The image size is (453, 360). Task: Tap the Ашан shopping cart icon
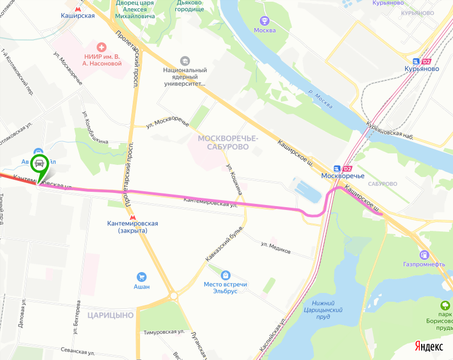tap(142, 276)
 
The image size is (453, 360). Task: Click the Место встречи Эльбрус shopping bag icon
tap(225, 275)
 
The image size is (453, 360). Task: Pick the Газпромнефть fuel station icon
tap(424, 255)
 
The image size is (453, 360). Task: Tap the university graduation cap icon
tap(185, 60)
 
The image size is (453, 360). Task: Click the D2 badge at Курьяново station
tap(427, 62)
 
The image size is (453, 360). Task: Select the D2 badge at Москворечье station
tap(347, 168)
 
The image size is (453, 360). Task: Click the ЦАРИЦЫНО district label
tap(110, 315)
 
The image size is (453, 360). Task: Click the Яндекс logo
tap(429, 346)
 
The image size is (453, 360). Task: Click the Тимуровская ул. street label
tap(163, 333)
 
